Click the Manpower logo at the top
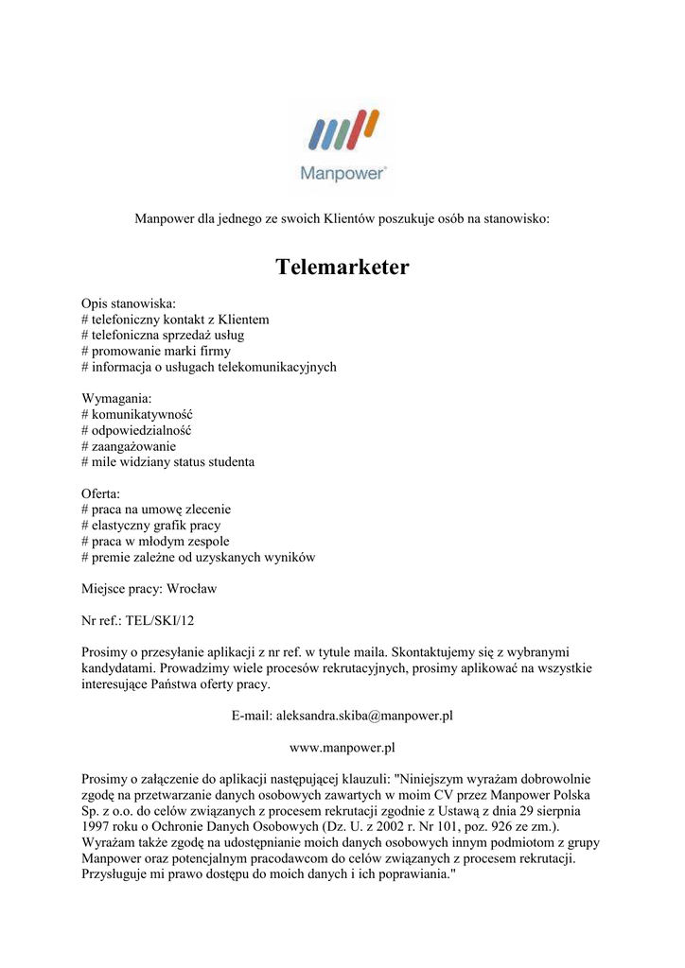pyautogui.click(x=342, y=143)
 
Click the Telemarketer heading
pyautogui.click(x=342, y=268)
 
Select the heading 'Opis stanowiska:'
pyautogui.click(x=129, y=304)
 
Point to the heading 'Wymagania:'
pyautogui.click(x=116, y=398)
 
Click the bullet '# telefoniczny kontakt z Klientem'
pyautogui.click(x=175, y=320)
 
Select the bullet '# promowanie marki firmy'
pyautogui.click(x=155, y=351)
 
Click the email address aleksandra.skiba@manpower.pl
pyautogui.click(x=364, y=716)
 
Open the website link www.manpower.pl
pyautogui.click(x=342, y=748)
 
